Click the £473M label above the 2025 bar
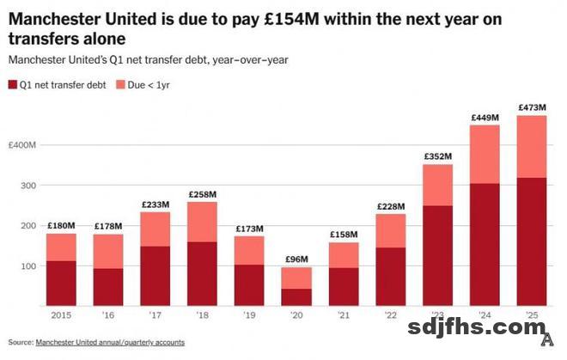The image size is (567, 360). pyautogui.click(x=532, y=107)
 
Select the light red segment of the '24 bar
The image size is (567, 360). pyautogui.click(x=485, y=155)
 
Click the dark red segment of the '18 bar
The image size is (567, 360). pyautogui.click(x=202, y=273)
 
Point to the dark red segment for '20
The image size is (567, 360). pyautogui.click(x=298, y=296)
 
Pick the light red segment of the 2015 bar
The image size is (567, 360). pyautogui.click(x=61, y=247)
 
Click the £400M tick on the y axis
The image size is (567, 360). pyautogui.click(x=22, y=145)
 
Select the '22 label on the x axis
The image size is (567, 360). pyautogui.click(x=391, y=315)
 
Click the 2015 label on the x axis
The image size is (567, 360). pyautogui.click(x=61, y=315)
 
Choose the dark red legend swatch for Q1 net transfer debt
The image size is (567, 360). pyautogui.click(x=12, y=84)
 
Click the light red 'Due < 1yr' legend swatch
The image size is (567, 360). pyautogui.click(x=119, y=84)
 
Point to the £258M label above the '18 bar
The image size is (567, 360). pyautogui.click(x=202, y=194)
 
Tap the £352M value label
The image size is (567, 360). pyautogui.click(x=438, y=156)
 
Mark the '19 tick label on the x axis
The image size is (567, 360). pyautogui.click(x=250, y=315)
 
